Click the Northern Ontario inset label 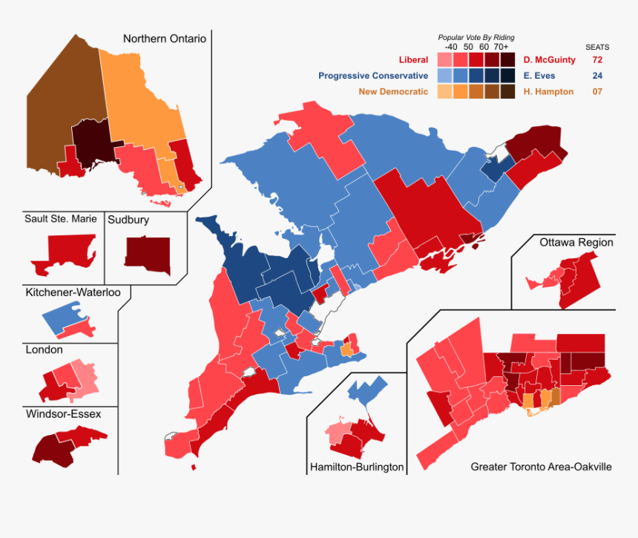point(164,39)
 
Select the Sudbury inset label point(128,220)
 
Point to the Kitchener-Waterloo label point(73,292)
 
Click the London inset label point(44,350)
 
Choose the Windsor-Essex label point(63,413)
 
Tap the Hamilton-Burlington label point(357,467)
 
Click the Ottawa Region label point(576,243)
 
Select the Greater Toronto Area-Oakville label point(541,467)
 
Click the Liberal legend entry point(413,59)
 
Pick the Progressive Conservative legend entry point(373,76)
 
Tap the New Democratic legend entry point(393,92)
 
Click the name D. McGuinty point(549,59)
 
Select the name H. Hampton point(547,92)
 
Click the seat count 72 point(597,59)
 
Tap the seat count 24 point(597,76)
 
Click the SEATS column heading point(597,47)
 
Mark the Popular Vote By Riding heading point(476,37)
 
